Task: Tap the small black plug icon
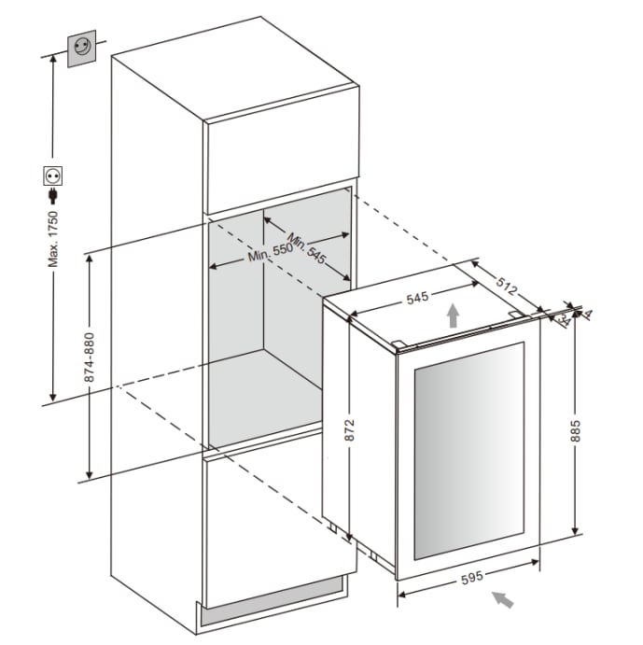(52, 195)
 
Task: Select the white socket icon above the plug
(52, 175)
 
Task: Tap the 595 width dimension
(471, 577)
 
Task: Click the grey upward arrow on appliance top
(452, 315)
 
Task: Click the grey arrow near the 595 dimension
(503, 598)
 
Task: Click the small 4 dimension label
(589, 315)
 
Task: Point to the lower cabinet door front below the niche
(280, 523)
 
